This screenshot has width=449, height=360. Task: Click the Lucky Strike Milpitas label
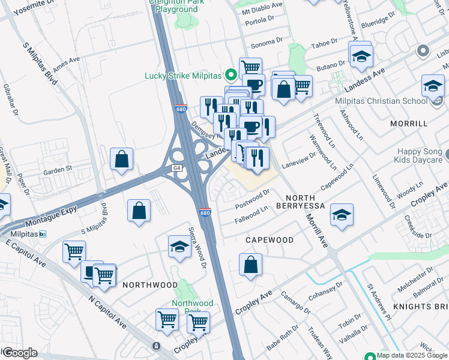pos(183,76)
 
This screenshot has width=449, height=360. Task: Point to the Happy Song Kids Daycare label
pos(418,156)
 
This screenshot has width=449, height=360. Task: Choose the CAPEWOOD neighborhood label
pos(270,240)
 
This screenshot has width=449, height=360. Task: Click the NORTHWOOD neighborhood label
pos(150,285)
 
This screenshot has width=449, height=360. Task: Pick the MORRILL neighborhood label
pos(408,124)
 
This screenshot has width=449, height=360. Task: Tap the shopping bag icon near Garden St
pos(122,160)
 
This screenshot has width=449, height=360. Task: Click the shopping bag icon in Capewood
pos(250,264)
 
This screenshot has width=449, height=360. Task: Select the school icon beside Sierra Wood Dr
pos(179,247)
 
